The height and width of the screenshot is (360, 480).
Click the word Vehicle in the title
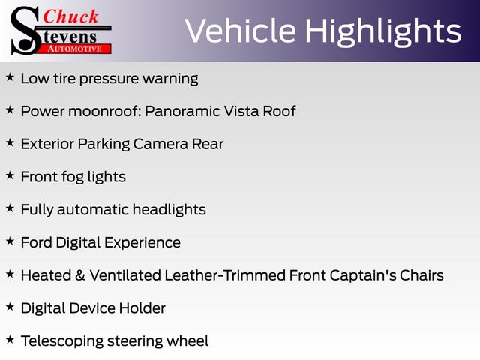point(241,31)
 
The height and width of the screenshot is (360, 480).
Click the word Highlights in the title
point(383,32)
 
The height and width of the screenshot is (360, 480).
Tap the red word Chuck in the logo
point(70,16)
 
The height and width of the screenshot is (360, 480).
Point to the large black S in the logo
point(25,31)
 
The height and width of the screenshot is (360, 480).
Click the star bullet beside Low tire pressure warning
point(10,76)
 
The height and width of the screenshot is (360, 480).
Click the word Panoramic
point(182,111)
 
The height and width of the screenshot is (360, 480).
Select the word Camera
point(160,144)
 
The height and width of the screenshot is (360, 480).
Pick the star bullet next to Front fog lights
point(10,175)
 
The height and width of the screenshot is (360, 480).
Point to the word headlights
point(169,210)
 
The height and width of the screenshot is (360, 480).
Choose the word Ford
point(37,242)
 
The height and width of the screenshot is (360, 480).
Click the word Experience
point(142,243)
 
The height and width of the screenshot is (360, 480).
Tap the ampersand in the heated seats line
point(79,275)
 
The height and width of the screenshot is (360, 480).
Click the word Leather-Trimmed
point(225,275)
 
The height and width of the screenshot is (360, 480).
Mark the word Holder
point(142,308)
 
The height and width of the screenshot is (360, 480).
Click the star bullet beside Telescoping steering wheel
point(10,339)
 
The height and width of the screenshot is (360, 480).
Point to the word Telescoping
point(62,341)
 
